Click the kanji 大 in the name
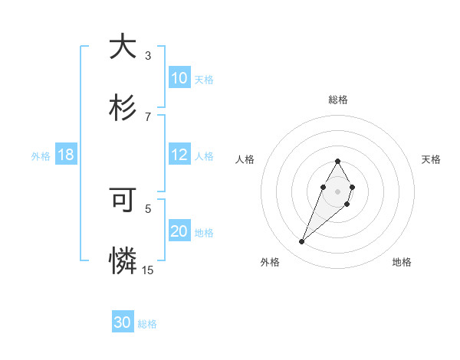(123, 47)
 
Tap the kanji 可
(123, 201)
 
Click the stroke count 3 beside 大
(148, 55)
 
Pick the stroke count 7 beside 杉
(148, 116)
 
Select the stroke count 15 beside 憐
(148, 270)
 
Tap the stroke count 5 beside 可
(148, 208)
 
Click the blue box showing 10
(179, 78)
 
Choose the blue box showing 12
(179, 155)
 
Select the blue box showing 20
(179, 231)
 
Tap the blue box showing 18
(66, 155)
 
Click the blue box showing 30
(123, 322)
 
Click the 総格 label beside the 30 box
(147, 324)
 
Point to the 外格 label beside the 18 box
(41, 156)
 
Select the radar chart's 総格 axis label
(337, 100)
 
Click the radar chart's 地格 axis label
(402, 262)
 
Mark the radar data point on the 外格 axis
(302, 242)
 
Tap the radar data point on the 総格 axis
(337, 161)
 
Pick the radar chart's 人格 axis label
(245, 159)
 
